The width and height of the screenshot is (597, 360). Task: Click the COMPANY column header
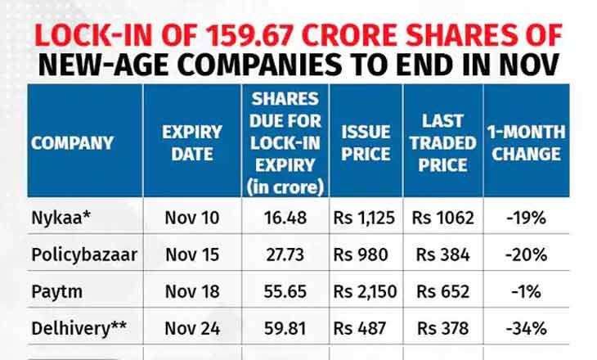[x=72, y=142]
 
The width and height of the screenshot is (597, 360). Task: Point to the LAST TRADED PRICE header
[x=443, y=142]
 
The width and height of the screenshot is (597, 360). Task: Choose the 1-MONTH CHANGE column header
[x=527, y=142]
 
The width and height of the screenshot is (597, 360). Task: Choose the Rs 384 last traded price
[x=442, y=254]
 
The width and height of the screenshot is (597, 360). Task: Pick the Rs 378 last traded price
[x=442, y=329]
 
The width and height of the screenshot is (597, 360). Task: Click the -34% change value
[x=527, y=329]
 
